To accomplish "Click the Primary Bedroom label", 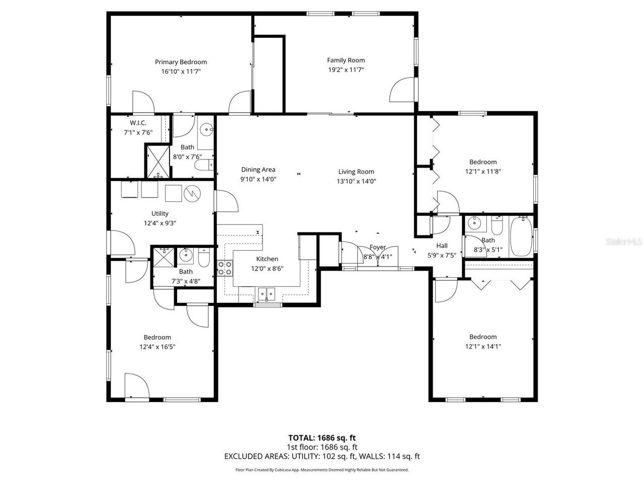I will pyautogui.click(x=181, y=62).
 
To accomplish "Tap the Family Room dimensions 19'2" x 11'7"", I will pyautogui.click(x=346, y=70).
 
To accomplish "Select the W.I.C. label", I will pyautogui.click(x=138, y=123).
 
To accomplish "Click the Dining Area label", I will pyautogui.click(x=258, y=170).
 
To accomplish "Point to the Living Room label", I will pyautogui.click(x=356, y=172).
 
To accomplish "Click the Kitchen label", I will pyautogui.click(x=267, y=259).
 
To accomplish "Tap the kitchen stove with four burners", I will pyautogui.click(x=224, y=268).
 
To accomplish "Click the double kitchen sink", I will pyautogui.click(x=267, y=293).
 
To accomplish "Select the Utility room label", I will pyautogui.click(x=160, y=213).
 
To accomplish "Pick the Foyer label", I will pyautogui.click(x=378, y=247).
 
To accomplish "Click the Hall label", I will pyautogui.click(x=442, y=246).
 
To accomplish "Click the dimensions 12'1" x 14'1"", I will pyautogui.click(x=483, y=346).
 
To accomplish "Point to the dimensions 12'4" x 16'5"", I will pyautogui.click(x=157, y=347).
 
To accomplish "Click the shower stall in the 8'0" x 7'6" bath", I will pyautogui.click(x=158, y=161).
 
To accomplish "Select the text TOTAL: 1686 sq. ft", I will pyautogui.click(x=322, y=438).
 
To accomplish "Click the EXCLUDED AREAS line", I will pyautogui.click(x=322, y=456).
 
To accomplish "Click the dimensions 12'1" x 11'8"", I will pyautogui.click(x=483, y=171).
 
